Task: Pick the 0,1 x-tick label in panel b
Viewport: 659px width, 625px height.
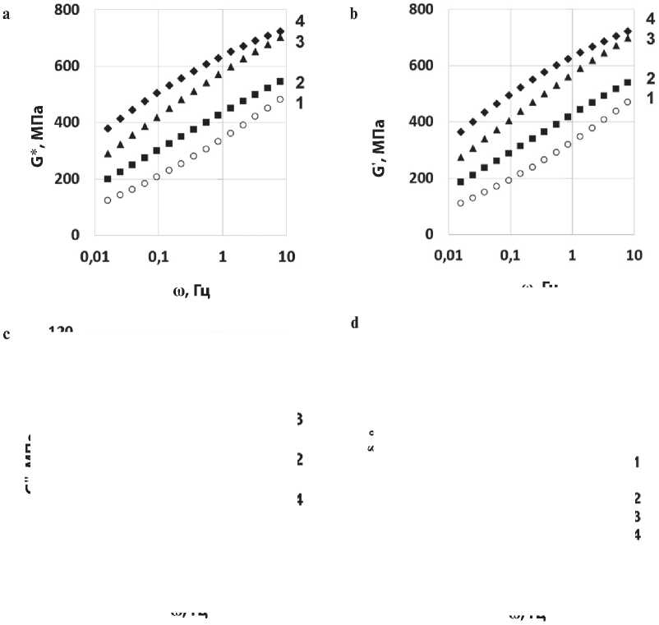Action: [x=510, y=256]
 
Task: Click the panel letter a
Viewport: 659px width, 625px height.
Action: [x=7, y=15]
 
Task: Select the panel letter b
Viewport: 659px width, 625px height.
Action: [x=355, y=15]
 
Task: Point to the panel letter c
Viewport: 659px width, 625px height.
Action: [x=7, y=334]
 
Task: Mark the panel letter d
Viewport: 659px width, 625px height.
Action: [x=355, y=323]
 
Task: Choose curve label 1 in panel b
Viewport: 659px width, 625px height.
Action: [x=650, y=98]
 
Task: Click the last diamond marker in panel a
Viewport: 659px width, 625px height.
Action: [x=280, y=32]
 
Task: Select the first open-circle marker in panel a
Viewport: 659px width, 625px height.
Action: [x=108, y=200]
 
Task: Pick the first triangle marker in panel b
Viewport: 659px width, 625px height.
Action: [x=461, y=158]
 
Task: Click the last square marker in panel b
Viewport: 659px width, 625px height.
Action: [x=629, y=82]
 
